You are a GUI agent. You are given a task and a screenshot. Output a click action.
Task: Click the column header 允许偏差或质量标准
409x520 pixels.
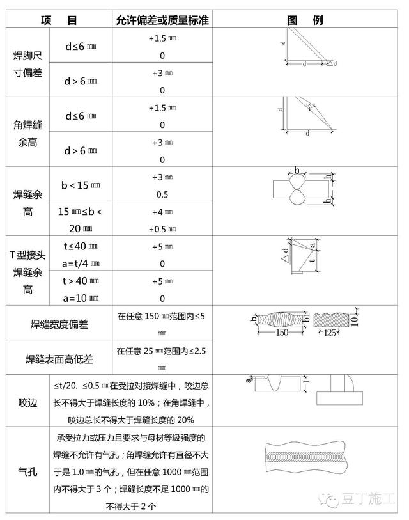[162, 21]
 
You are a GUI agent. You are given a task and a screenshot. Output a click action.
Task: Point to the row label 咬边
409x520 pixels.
[27, 402]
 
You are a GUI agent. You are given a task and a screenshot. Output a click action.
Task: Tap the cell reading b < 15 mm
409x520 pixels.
[81, 185]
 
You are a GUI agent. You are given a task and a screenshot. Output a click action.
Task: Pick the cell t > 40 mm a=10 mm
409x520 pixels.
[81, 289]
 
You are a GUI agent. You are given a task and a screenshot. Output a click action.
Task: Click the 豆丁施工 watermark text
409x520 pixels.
[371, 499]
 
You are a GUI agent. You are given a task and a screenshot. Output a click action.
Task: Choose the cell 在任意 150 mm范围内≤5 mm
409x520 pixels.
[162, 323]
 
